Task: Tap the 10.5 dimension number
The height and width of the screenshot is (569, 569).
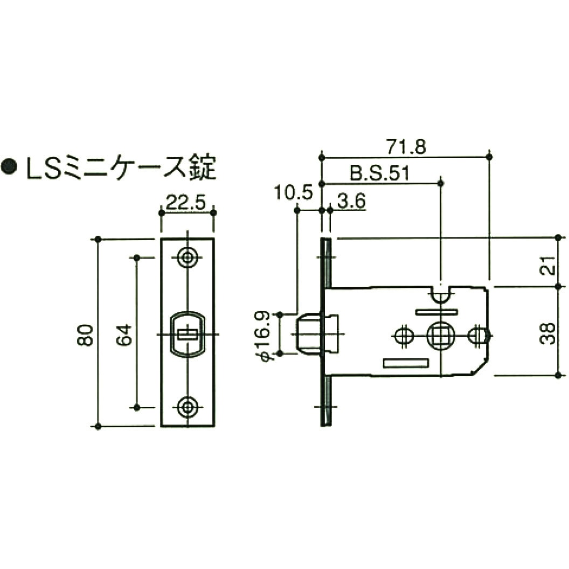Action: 293,192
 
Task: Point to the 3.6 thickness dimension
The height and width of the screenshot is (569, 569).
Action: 351,202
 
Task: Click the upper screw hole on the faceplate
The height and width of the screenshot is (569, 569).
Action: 188,258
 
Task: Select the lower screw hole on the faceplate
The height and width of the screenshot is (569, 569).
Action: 188,407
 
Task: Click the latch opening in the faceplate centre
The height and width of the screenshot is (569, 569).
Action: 188,335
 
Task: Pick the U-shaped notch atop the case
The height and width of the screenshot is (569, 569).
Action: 441,294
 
